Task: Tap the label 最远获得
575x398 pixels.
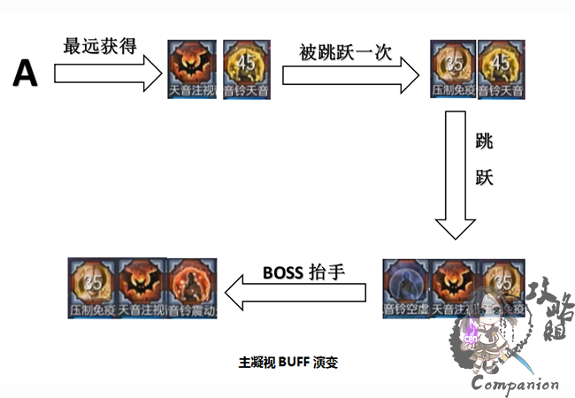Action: pos(99,46)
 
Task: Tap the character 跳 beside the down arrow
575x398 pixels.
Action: pos(485,142)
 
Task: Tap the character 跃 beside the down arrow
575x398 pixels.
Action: pos(485,177)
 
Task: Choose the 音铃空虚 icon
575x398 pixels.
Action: pos(406,287)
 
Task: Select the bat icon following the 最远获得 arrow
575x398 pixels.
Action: pos(192,68)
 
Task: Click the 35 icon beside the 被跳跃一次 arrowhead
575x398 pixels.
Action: pos(453,68)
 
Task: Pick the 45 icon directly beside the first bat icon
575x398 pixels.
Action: pos(242,68)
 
